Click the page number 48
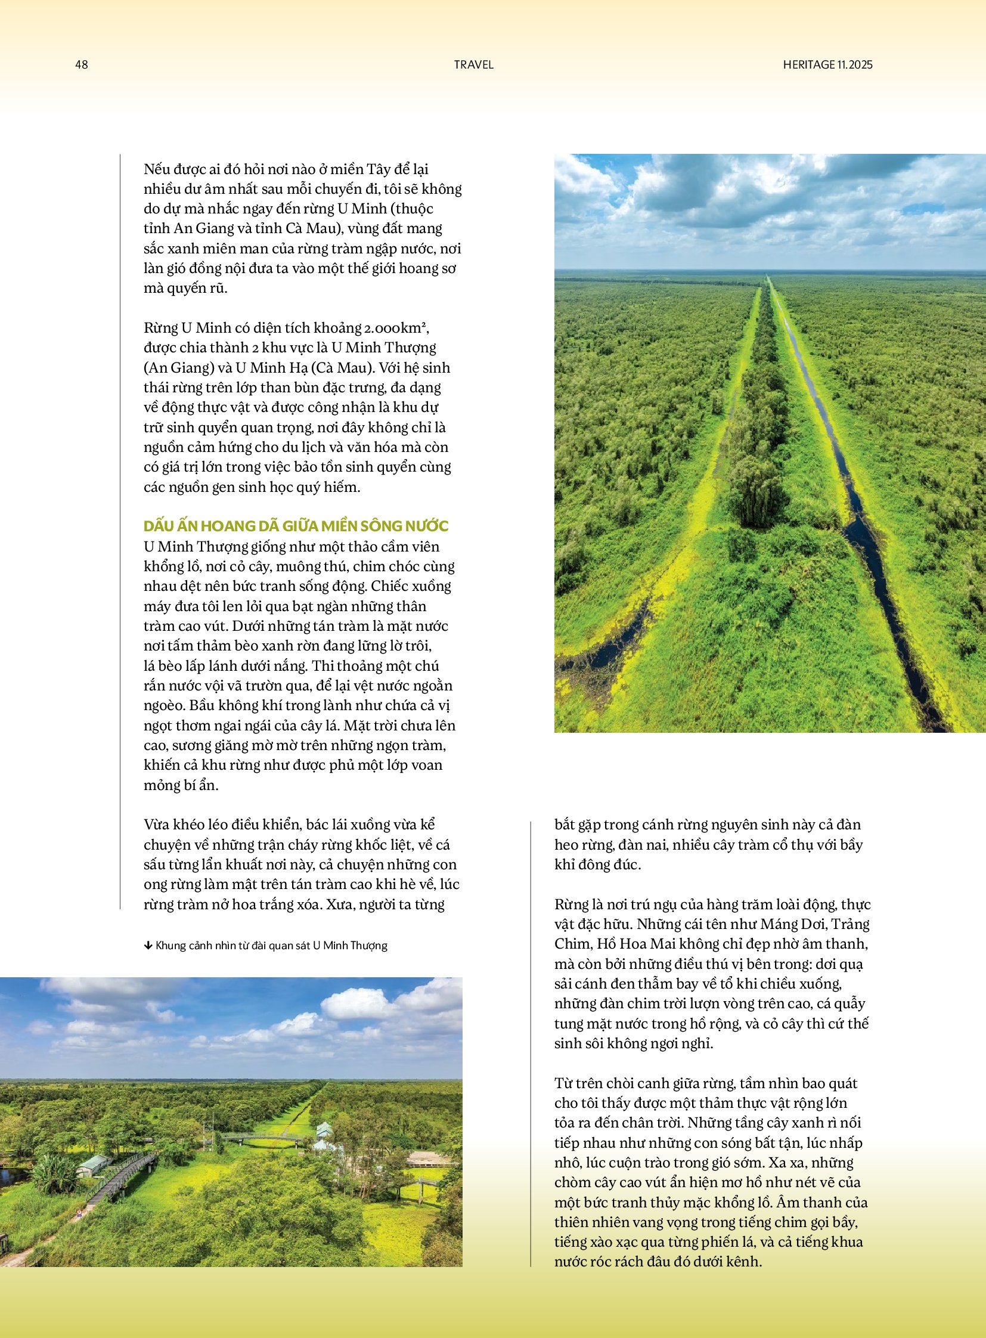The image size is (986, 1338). coord(82,64)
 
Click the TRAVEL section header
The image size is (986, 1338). coord(473,64)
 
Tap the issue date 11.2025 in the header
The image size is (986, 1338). coord(854,64)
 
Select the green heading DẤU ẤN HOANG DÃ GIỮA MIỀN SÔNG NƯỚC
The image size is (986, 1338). coord(296,526)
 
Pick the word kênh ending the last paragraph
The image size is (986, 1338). coord(745,1262)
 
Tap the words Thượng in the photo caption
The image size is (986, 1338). coord(368,946)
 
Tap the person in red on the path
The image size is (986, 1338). coord(80,1212)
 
